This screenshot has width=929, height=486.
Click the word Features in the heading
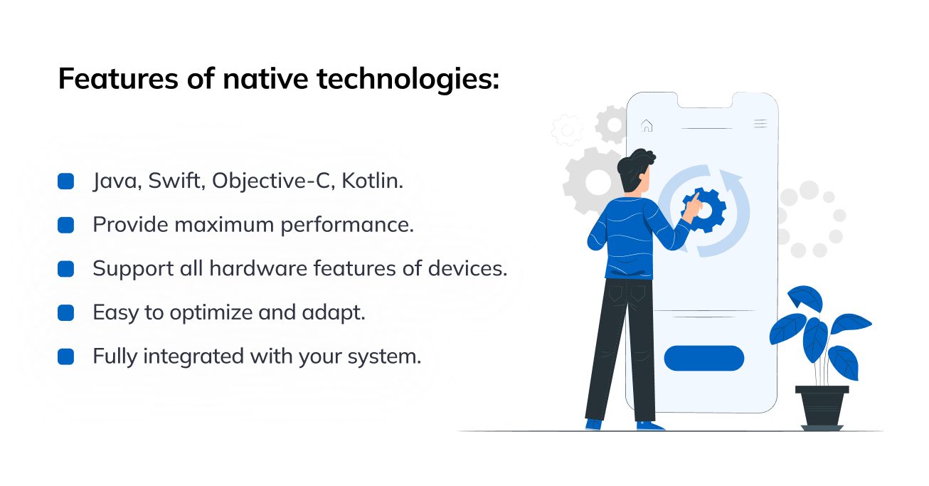click(x=118, y=78)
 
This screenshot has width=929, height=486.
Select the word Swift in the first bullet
click(x=176, y=181)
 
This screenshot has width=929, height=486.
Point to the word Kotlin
click(x=372, y=181)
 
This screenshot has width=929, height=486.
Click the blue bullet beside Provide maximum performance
click(x=66, y=225)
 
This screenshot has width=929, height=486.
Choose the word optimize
click(x=211, y=313)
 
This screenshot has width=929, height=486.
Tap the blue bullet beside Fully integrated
click(x=66, y=356)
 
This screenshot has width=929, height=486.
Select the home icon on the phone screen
click(x=647, y=125)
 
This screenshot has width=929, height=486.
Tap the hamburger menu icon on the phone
click(x=760, y=124)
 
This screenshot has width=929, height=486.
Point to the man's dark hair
click(x=634, y=167)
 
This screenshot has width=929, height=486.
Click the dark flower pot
click(x=822, y=408)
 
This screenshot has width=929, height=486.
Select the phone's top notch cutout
click(x=705, y=100)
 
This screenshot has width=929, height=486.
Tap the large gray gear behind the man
click(x=594, y=181)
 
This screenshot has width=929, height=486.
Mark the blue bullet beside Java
click(x=66, y=181)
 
